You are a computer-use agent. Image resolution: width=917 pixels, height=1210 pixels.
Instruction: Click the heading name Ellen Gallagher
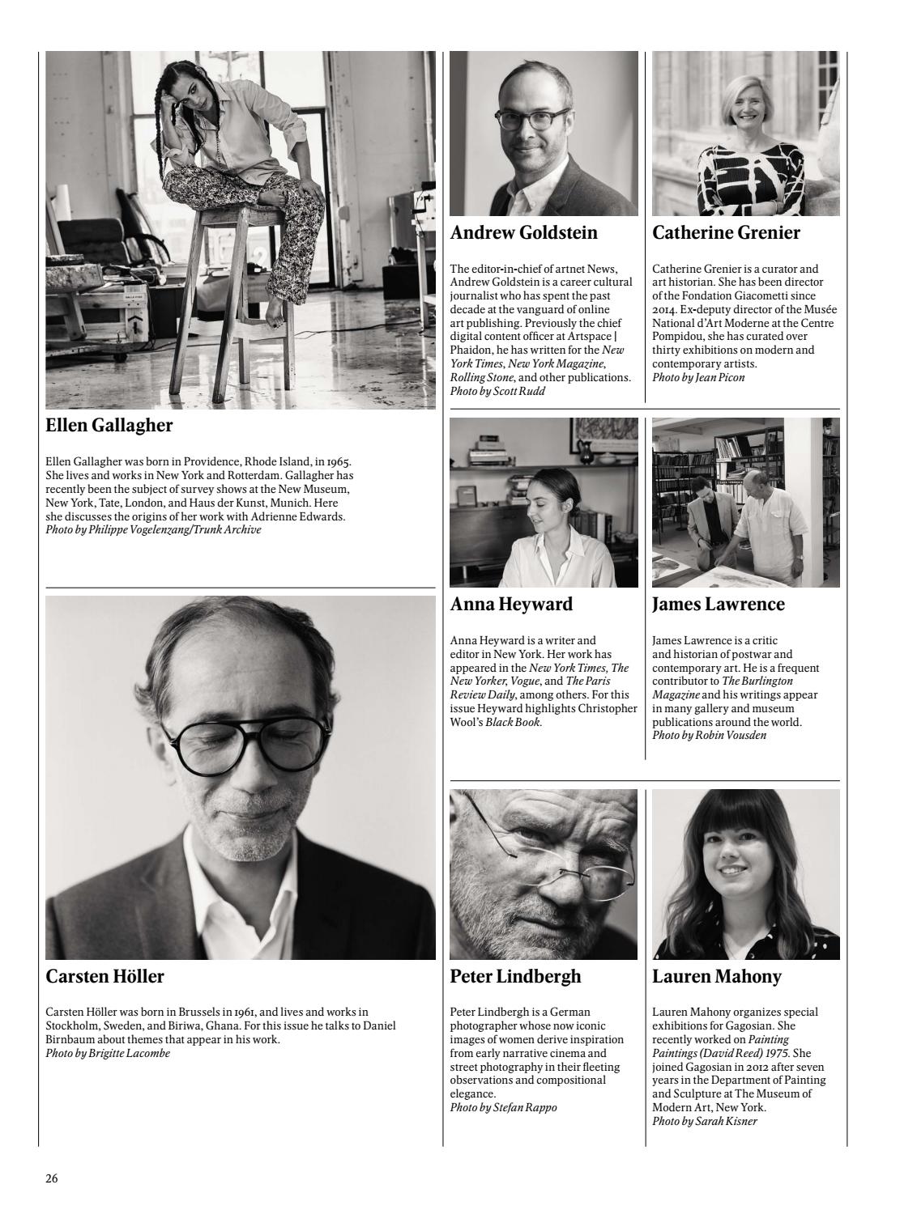(x=109, y=425)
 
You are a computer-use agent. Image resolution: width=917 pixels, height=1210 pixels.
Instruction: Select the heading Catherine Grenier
(x=726, y=233)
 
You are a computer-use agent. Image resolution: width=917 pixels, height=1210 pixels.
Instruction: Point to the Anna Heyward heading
(x=511, y=605)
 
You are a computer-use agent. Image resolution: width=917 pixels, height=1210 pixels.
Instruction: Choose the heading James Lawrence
(x=718, y=605)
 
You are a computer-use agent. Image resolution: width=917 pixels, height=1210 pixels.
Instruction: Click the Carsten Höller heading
(x=105, y=977)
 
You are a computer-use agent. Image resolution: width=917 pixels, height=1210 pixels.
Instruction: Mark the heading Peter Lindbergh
(x=515, y=977)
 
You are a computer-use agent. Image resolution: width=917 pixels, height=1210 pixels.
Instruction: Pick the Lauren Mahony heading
(x=716, y=977)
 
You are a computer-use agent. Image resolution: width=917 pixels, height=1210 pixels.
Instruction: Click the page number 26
(x=52, y=1178)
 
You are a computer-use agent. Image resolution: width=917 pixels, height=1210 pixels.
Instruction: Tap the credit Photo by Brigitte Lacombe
(x=108, y=1053)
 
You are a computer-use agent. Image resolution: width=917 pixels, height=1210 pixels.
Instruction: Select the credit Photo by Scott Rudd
(x=497, y=392)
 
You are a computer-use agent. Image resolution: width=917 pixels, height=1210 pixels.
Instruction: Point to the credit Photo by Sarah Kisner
(x=705, y=1121)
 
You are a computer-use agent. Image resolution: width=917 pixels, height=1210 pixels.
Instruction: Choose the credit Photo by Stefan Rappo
(x=503, y=1107)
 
